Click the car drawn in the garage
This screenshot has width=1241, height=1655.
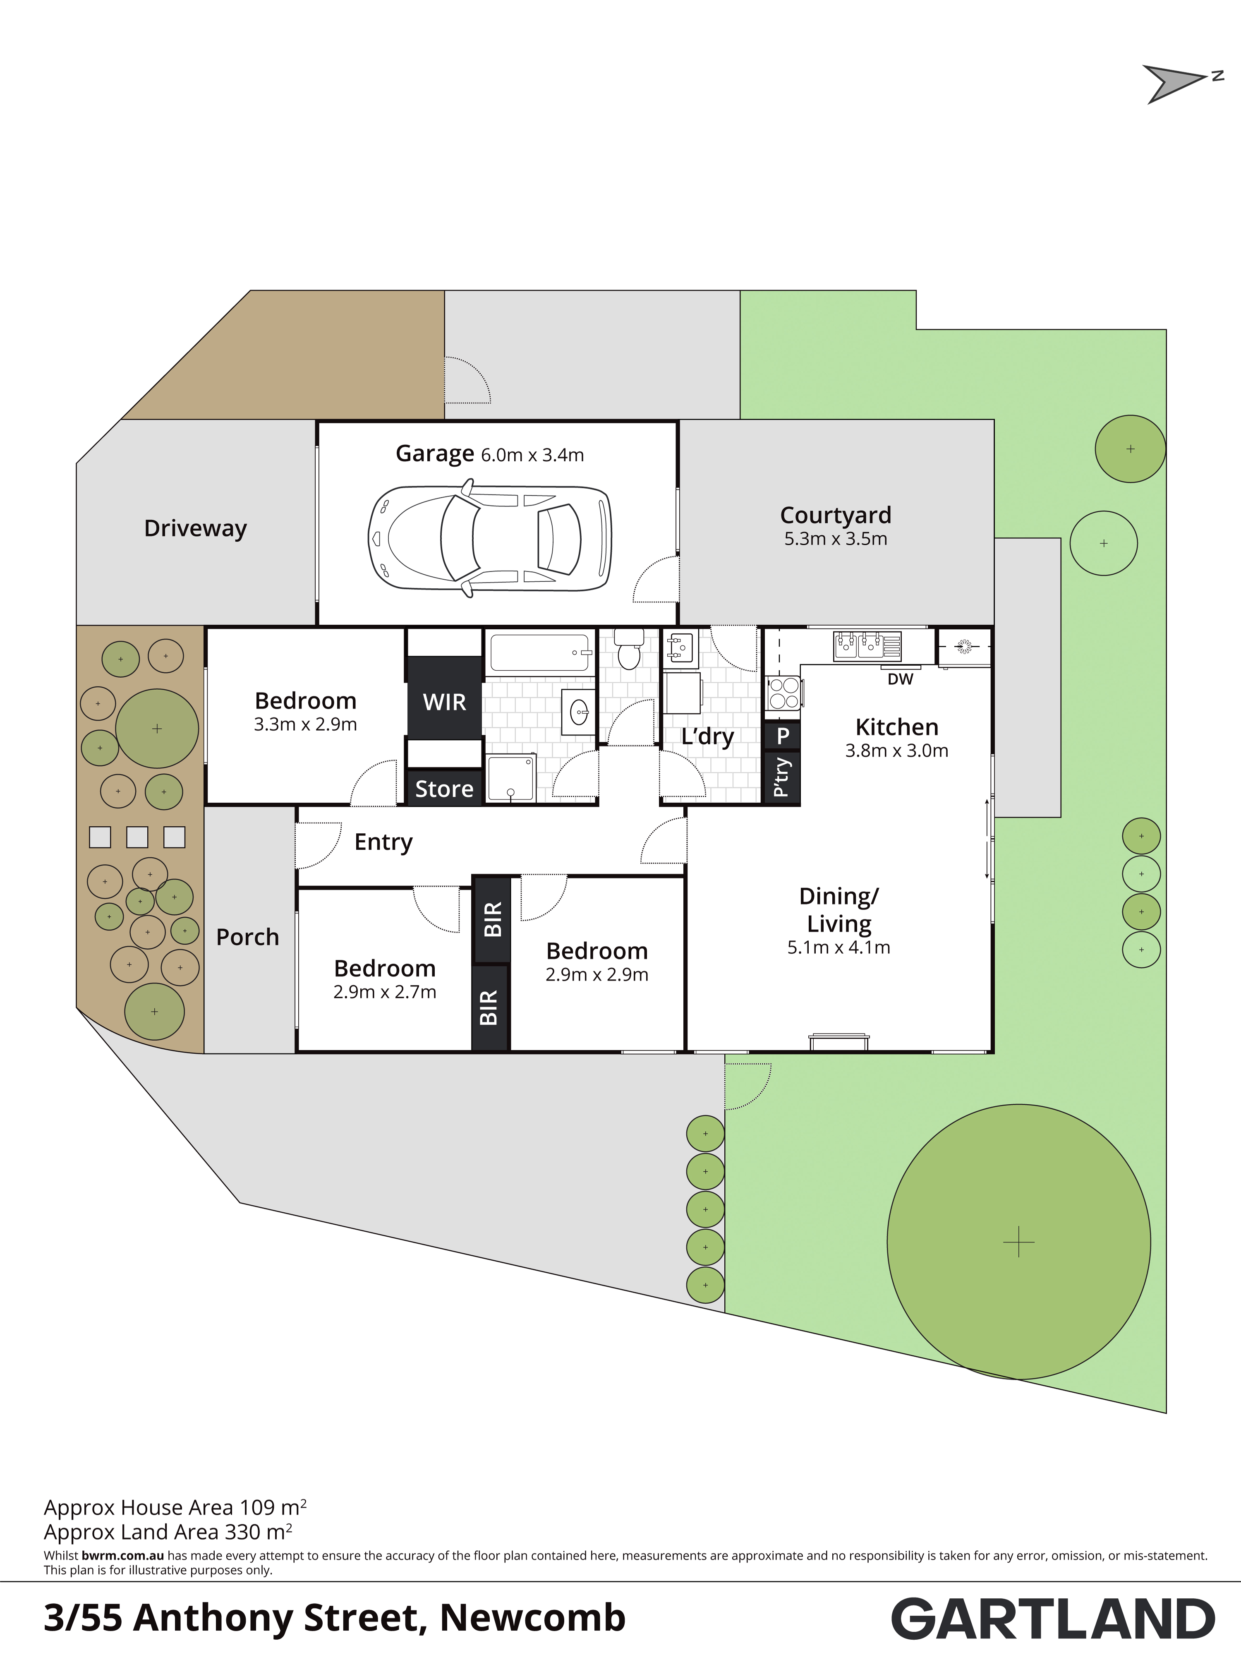point(490,538)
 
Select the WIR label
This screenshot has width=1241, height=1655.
point(444,702)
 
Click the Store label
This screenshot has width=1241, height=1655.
point(444,789)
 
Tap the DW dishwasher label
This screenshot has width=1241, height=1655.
point(900,679)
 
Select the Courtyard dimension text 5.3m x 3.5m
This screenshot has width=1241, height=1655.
point(836,539)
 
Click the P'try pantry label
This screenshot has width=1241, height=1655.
point(782,777)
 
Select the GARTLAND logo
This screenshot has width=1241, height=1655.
point(1053,1619)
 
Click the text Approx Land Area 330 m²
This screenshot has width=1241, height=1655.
point(168,1532)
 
